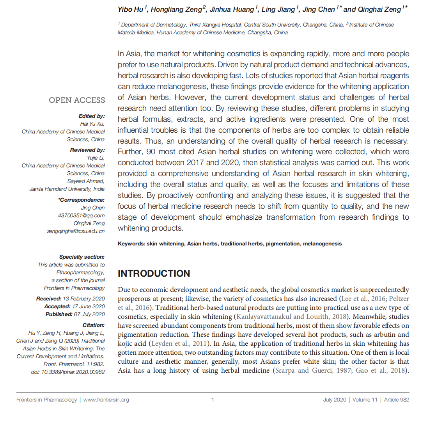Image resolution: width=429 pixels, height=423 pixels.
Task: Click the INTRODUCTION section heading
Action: (x=154, y=274)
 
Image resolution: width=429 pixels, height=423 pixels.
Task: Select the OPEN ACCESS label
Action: (x=77, y=100)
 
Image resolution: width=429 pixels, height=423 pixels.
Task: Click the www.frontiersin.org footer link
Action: (x=106, y=400)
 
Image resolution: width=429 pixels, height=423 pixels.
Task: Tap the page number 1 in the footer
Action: (x=213, y=400)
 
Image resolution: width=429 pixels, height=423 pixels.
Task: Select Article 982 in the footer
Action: (x=396, y=400)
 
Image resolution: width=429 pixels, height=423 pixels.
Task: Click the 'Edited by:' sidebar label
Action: (x=92, y=116)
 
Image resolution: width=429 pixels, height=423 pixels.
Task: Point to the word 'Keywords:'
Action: (x=131, y=243)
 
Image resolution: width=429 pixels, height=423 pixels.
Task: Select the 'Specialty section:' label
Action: (x=82, y=257)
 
